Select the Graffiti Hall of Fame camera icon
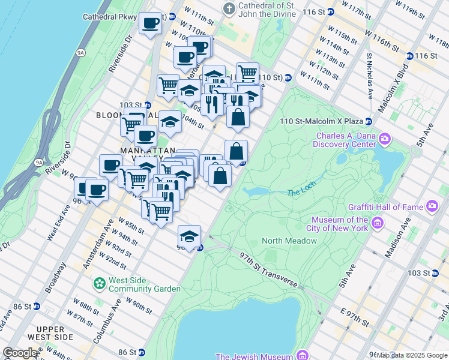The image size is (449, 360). (x=432, y=207)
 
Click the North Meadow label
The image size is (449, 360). (x=289, y=241)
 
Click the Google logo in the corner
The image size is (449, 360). (x=20, y=353)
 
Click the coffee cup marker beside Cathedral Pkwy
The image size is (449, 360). (x=150, y=24)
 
